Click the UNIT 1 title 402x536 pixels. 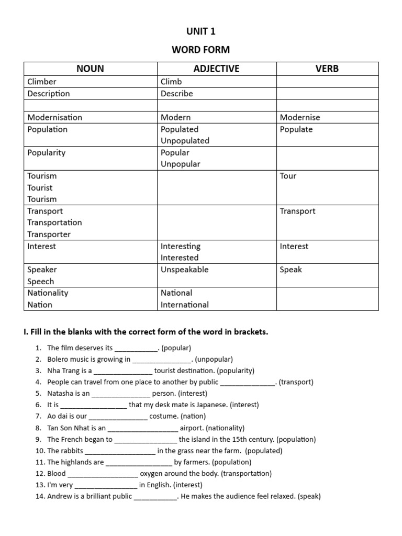(201, 31)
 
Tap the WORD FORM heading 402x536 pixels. (201, 50)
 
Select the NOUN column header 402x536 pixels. (90, 69)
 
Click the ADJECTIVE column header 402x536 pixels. (216, 69)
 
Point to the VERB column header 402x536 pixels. (327, 69)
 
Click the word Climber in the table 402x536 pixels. (42, 82)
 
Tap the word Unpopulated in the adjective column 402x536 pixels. (185, 140)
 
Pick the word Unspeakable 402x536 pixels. (184, 270)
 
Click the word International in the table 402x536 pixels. (184, 305)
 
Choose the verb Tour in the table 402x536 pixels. (288, 176)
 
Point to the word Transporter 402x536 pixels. (49, 234)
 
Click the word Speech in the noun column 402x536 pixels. (40, 281)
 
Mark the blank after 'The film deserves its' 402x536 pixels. (136, 348)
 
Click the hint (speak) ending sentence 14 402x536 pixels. (309, 497)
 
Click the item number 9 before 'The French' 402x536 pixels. (39, 440)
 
